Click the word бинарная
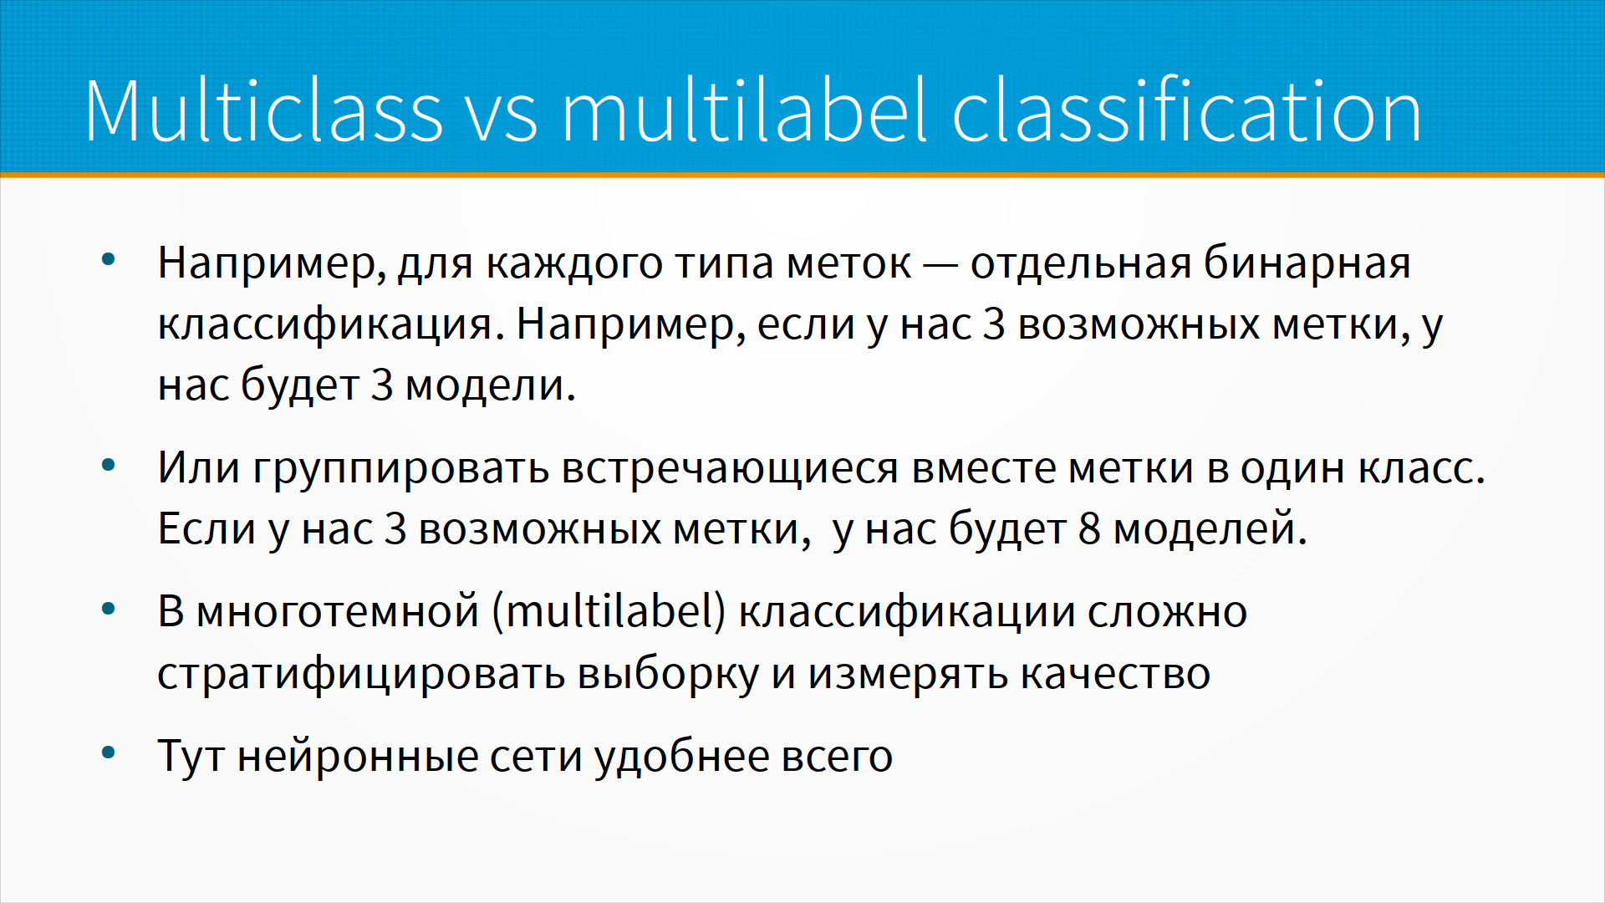1307,264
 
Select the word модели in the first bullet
490,386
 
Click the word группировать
401,468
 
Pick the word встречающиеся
730,468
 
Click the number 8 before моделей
1089,529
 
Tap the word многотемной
338,611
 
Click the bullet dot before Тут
108,753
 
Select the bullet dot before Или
108,465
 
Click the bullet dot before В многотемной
108,609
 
